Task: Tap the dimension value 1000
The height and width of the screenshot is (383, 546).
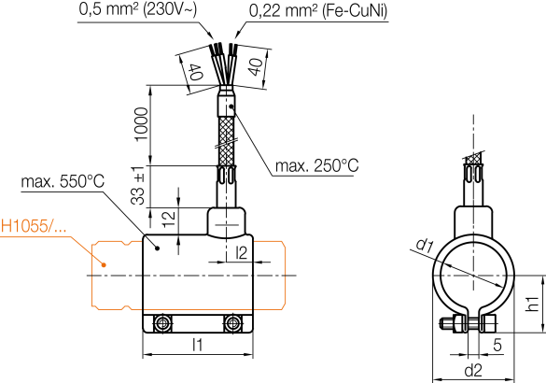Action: tap(139, 123)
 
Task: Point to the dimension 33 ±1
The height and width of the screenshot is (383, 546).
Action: tap(139, 186)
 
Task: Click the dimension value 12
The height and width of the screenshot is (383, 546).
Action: tap(168, 220)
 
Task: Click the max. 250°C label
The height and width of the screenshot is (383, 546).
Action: tap(316, 165)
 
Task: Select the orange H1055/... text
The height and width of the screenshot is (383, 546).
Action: tap(35, 225)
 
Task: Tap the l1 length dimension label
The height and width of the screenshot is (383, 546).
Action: tap(197, 344)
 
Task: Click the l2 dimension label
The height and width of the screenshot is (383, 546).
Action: tap(242, 252)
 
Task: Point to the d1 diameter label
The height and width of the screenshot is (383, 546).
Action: tap(425, 247)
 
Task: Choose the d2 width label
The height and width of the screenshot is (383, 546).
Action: tap(472, 370)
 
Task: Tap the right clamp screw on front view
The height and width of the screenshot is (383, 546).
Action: tap(231, 323)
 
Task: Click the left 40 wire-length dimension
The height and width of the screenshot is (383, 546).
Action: tap(194, 73)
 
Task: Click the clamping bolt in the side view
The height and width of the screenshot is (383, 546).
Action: tap(464, 325)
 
